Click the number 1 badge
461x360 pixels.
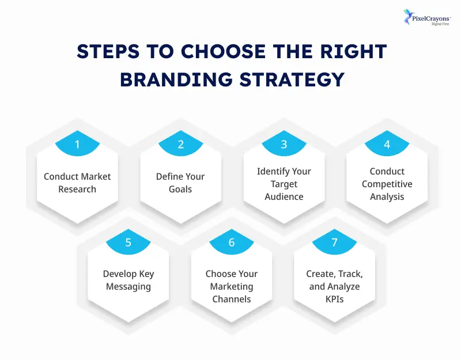77,145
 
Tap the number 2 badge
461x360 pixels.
180,145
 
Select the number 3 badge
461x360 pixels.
284,145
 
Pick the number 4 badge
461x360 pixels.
387,145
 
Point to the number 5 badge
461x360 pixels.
129,242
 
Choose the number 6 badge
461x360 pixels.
232,242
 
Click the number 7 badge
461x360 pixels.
335,242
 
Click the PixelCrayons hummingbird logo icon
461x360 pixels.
409,16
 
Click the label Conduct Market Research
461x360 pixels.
77,183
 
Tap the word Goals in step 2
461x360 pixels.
180,189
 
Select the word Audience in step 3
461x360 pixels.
284,196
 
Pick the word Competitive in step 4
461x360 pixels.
387,184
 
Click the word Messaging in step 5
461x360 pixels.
129,286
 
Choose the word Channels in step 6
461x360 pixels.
232,299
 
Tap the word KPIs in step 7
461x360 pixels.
334,299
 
